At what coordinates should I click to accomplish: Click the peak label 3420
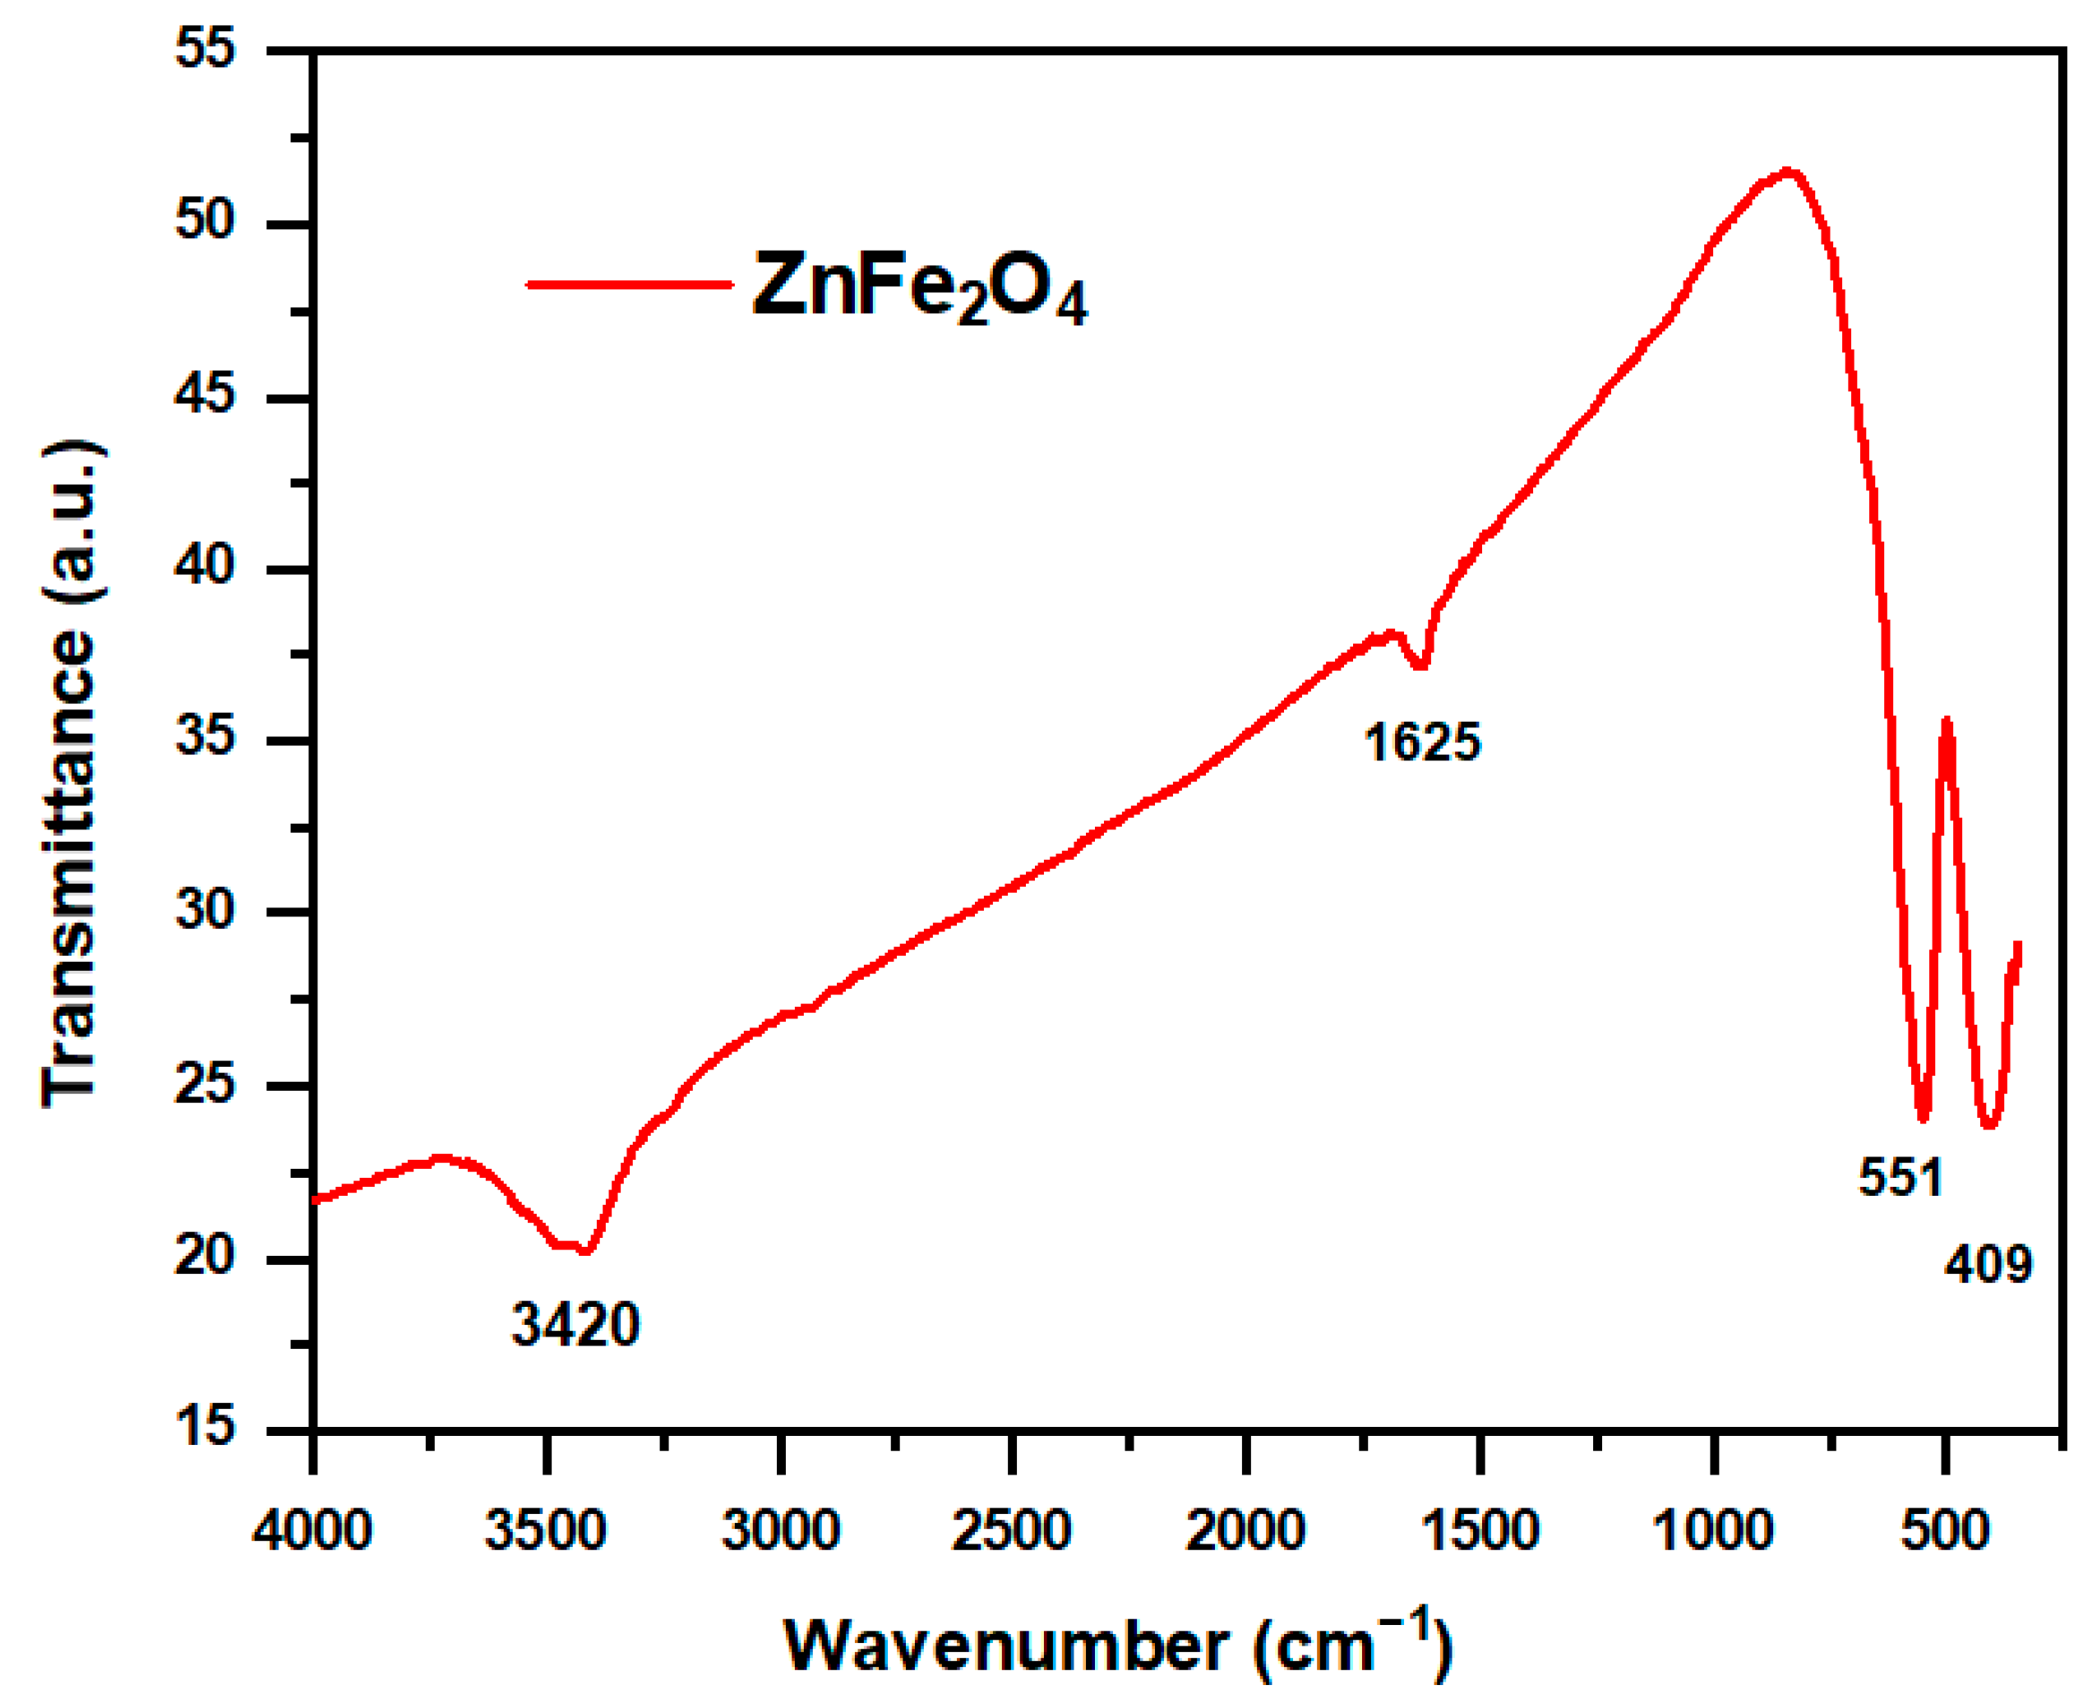click(575, 1325)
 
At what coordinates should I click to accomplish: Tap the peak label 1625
click(1422, 742)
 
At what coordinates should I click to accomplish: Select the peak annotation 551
click(1901, 1177)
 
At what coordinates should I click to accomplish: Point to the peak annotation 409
click(1988, 1263)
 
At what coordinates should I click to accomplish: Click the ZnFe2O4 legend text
click(919, 288)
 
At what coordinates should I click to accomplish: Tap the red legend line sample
click(630, 285)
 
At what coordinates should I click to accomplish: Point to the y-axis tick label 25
click(206, 1083)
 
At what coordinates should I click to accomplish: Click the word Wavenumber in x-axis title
click(1005, 1644)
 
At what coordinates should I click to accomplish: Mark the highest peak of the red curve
click(1789, 172)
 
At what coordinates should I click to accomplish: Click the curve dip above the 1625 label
click(1420, 666)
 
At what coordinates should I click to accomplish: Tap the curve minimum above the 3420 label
click(585, 1250)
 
